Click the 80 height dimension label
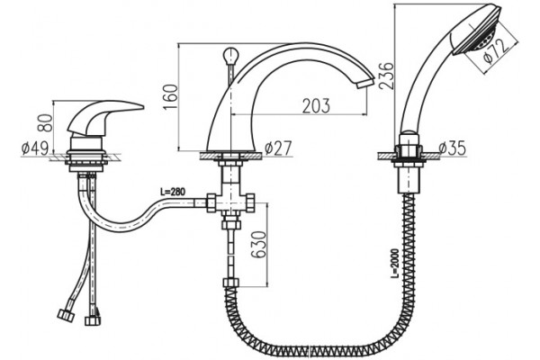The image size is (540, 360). coord(45,123)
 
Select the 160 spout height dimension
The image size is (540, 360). coord(171,97)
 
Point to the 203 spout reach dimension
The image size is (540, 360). coord(316,106)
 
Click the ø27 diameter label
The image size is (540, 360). coord(278,148)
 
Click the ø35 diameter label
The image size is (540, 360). coord(453,148)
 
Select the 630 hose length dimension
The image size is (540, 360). coord(258,245)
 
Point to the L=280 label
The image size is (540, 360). coord(173,192)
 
